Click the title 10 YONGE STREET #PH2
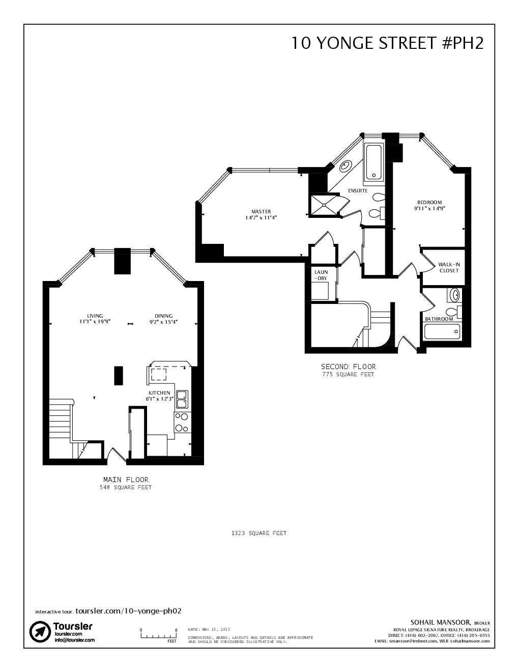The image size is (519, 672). click(387, 43)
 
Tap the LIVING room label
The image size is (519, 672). click(95, 316)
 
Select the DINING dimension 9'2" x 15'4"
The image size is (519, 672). click(163, 322)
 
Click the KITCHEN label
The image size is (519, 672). click(159, 393)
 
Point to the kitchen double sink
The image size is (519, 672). click(182, 400)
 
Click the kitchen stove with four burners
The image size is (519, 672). click(182, 423)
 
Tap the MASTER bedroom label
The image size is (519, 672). click(261, 211)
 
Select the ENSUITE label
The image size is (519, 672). click(358, 191)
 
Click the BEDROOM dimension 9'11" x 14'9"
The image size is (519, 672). click(429, 208)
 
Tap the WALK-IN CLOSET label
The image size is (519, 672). click(449, 267)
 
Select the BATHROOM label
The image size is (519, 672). click(439, 319)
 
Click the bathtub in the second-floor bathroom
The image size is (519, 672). click(442, 331)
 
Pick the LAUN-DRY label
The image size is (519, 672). click(321, 275)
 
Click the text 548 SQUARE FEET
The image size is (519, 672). click(126, 487)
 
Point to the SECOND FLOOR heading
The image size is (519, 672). click(348, 367)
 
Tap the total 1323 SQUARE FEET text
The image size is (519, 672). click(259, 533)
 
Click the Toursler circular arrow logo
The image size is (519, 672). click(40, 632)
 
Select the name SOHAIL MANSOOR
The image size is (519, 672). click(441, 622)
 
